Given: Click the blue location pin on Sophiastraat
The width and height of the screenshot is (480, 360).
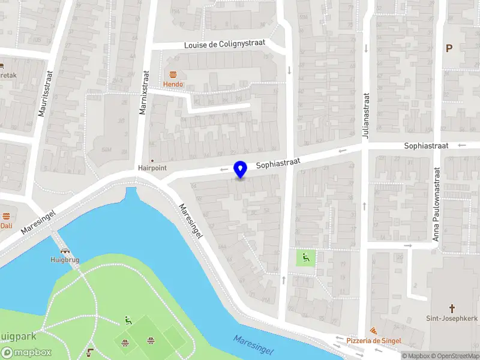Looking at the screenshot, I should pos(241,169).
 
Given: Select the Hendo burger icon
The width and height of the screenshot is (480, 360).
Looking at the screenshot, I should pos(173,74).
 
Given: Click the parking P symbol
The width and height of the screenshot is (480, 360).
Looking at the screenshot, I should pos(448,48).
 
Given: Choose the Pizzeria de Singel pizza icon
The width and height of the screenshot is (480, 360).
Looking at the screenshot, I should pos(373,331).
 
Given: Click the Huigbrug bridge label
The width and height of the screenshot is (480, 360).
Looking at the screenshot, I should pos(64,260).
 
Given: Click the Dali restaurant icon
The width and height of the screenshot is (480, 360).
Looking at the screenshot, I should pos(6,216).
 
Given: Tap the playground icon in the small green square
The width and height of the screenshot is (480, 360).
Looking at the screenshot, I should pos(305,258).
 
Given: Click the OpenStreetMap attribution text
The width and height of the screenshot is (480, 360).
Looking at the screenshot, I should pos(454,356).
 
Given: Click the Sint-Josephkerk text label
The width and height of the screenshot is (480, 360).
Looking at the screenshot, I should pos(451,318).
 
